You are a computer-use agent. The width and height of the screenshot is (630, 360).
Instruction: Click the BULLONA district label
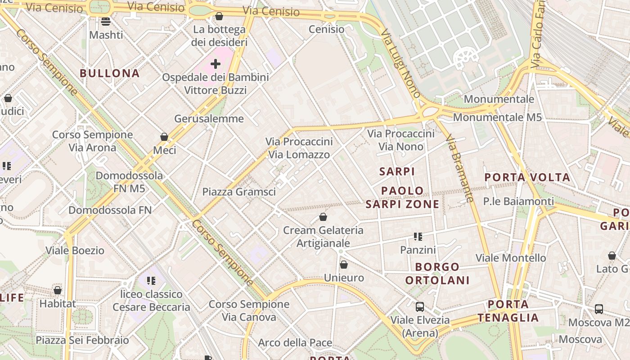tap(110, 73)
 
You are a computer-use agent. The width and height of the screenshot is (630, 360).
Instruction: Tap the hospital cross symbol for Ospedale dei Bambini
tap(216, 64)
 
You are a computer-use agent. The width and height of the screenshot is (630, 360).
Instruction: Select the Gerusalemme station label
tap(209, 119)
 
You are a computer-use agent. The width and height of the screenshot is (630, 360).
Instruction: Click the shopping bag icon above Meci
tap(164, 137)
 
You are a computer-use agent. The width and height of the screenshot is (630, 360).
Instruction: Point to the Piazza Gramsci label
tap(238, 192)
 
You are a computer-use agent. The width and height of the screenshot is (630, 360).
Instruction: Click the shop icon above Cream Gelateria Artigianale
tap(323, 217)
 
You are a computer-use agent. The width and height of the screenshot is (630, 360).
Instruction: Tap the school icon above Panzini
tap(418, 237)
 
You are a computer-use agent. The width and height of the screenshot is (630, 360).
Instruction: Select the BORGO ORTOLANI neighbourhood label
tap(437, 274)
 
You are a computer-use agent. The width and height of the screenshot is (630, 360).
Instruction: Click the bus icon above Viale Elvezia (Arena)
tap(419, 307)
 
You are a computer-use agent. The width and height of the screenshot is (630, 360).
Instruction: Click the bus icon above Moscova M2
tap(598, 309)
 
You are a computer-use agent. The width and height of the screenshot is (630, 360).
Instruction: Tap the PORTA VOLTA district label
tap(527, 177)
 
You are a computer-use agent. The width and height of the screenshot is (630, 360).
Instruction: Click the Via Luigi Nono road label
tap(400, 63)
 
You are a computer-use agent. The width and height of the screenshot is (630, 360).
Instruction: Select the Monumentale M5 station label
tap(497, 117)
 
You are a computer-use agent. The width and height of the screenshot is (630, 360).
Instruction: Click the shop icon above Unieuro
tap(344, 265)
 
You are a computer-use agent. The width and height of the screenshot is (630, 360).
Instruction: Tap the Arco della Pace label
tap(295, 343)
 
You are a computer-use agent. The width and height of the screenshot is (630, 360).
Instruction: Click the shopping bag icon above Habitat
tap(57, 291)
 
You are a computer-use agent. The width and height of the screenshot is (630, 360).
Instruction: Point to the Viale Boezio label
tap(75, 250)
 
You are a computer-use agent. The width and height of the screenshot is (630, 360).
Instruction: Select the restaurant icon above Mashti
tap(106, 21)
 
